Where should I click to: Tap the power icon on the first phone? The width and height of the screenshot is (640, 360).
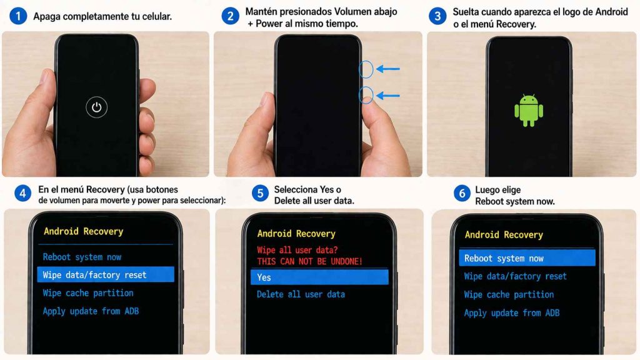click(96, 107)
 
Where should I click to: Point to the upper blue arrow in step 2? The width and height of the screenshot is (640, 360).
click(387, 69)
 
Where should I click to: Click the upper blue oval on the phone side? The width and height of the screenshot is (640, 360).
click(366, 69)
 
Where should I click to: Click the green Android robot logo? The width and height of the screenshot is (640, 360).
click(528, 110)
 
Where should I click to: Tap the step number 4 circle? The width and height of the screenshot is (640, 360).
click(22, 194)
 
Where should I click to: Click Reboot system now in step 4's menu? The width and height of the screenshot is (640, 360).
click(82, 257)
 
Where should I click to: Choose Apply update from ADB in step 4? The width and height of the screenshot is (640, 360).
click(90, 311)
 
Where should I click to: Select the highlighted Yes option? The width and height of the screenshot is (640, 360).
click(319, 277)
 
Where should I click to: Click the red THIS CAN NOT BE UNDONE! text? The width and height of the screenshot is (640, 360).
click(309, 261)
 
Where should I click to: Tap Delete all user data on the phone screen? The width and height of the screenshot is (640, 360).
click(301, 294)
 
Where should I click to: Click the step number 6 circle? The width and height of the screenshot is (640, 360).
click(462, 194)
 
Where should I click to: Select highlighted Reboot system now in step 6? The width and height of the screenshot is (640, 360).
click(526, 258)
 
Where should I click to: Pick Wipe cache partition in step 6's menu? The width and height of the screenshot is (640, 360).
click(509, 294)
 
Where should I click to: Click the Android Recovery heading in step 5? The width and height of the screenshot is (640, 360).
click(296, 234)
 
